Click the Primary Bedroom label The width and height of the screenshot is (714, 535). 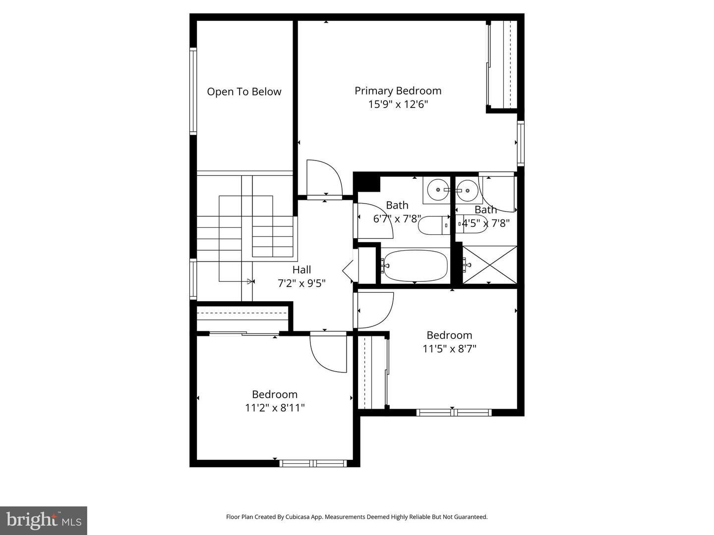[398, 91]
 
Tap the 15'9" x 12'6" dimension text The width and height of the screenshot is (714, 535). [398, 105]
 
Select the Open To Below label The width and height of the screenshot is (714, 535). [244, 92]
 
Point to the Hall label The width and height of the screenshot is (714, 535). [301, 269]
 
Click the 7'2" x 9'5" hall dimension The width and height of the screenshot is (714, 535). [301, 283]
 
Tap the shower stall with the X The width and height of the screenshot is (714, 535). [489, 265]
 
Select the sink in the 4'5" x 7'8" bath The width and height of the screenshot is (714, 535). [468, 190]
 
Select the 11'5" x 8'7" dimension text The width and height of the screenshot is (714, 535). [449, 349]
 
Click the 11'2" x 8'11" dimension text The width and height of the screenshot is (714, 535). [275, 408]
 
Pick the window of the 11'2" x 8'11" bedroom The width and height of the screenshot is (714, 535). [313, 463]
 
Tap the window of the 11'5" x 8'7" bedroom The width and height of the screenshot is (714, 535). [454, 413]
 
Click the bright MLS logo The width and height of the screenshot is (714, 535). [44, 521]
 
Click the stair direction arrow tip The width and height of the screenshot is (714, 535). [253, 281]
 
